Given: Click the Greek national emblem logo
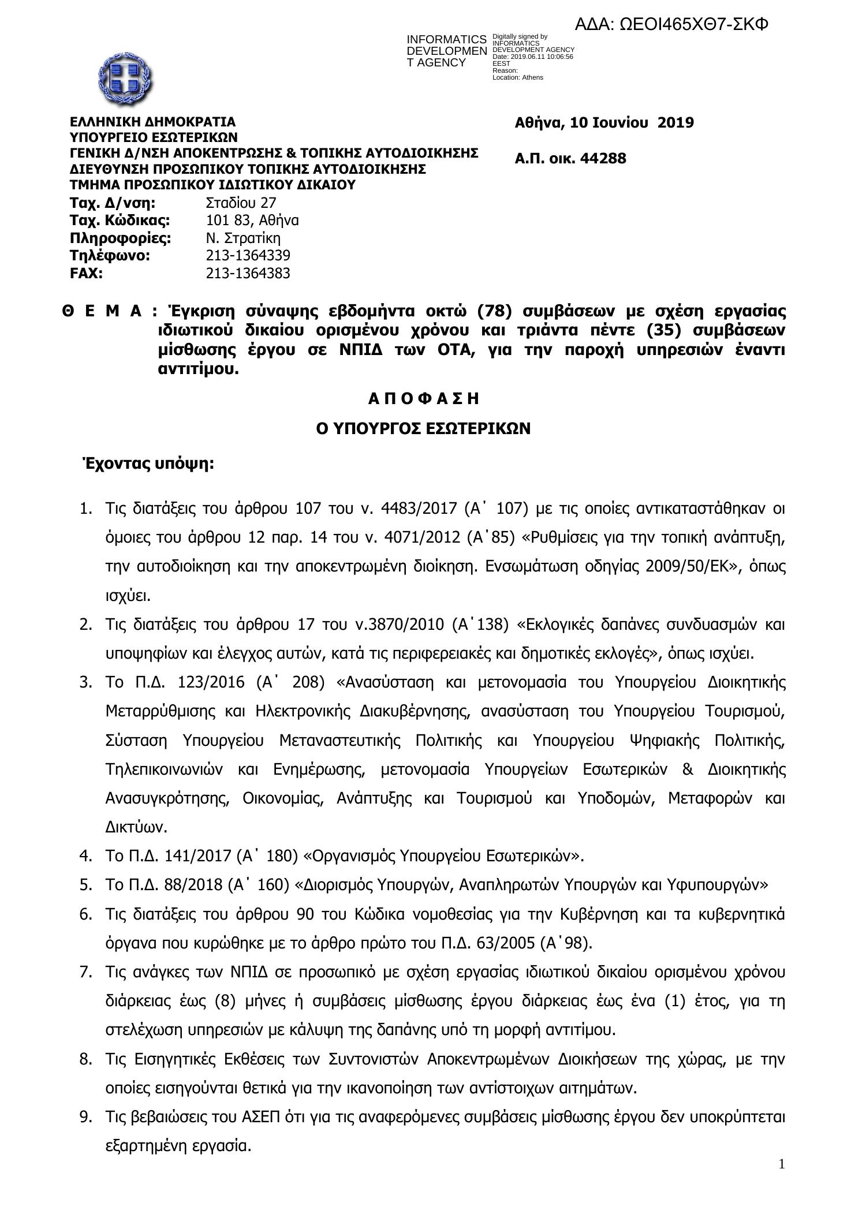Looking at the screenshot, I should pos(125,77).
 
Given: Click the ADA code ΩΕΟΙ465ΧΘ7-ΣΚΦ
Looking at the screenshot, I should pos(672,24).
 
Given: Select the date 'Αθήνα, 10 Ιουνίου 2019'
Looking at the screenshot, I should pos(604,123).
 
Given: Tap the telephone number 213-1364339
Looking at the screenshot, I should pos(248,256).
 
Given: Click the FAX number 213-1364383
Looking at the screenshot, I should pos(248,274).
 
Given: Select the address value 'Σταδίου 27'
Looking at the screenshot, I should pos(241,203).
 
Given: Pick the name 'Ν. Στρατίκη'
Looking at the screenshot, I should pos(243,238).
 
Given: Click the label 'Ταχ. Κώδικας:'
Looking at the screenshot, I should pos(120,221).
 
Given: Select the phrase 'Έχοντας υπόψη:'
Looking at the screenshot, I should pos(148,464).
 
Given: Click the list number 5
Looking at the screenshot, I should pos(85,885).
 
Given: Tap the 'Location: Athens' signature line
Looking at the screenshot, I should pos(517,77).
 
